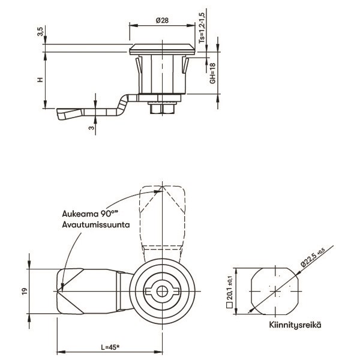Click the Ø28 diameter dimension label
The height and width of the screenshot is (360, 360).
point(162,20)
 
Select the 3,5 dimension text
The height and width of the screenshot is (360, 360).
point(40,31)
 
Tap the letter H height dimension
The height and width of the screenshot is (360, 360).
point(40,80)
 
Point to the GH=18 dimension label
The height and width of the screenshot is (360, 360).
point(213,73)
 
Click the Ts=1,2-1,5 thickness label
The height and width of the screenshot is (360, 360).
point(202,28)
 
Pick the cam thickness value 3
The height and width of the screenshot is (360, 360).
point(92,127)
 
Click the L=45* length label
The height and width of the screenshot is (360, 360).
point(110,347)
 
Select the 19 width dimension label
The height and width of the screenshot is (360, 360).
point(25,291)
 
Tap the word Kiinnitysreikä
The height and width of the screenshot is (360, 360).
point(295,325)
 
